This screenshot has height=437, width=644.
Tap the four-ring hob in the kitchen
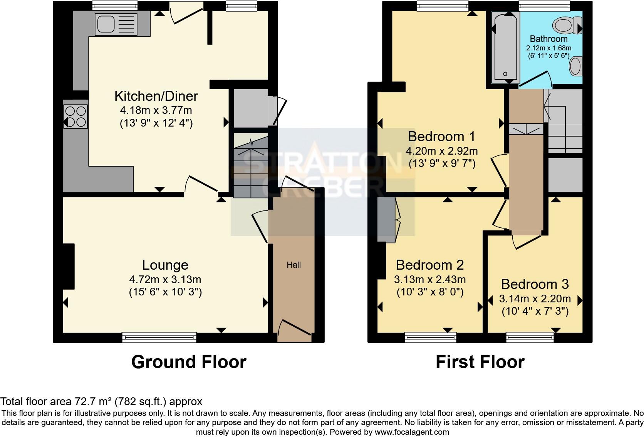76,117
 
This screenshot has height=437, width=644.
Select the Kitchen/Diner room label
156,96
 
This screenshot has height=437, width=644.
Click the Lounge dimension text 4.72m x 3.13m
165,279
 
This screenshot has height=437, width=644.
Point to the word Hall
293,265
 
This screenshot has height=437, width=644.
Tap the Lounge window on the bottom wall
159,337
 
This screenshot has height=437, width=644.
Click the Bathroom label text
548,39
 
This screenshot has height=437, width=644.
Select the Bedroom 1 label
441,137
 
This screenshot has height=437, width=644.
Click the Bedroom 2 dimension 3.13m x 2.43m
430,279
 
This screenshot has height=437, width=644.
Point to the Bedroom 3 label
535,284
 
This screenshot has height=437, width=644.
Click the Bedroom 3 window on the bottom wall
530,337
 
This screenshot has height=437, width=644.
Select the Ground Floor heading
189,362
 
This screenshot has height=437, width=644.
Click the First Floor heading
480,362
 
